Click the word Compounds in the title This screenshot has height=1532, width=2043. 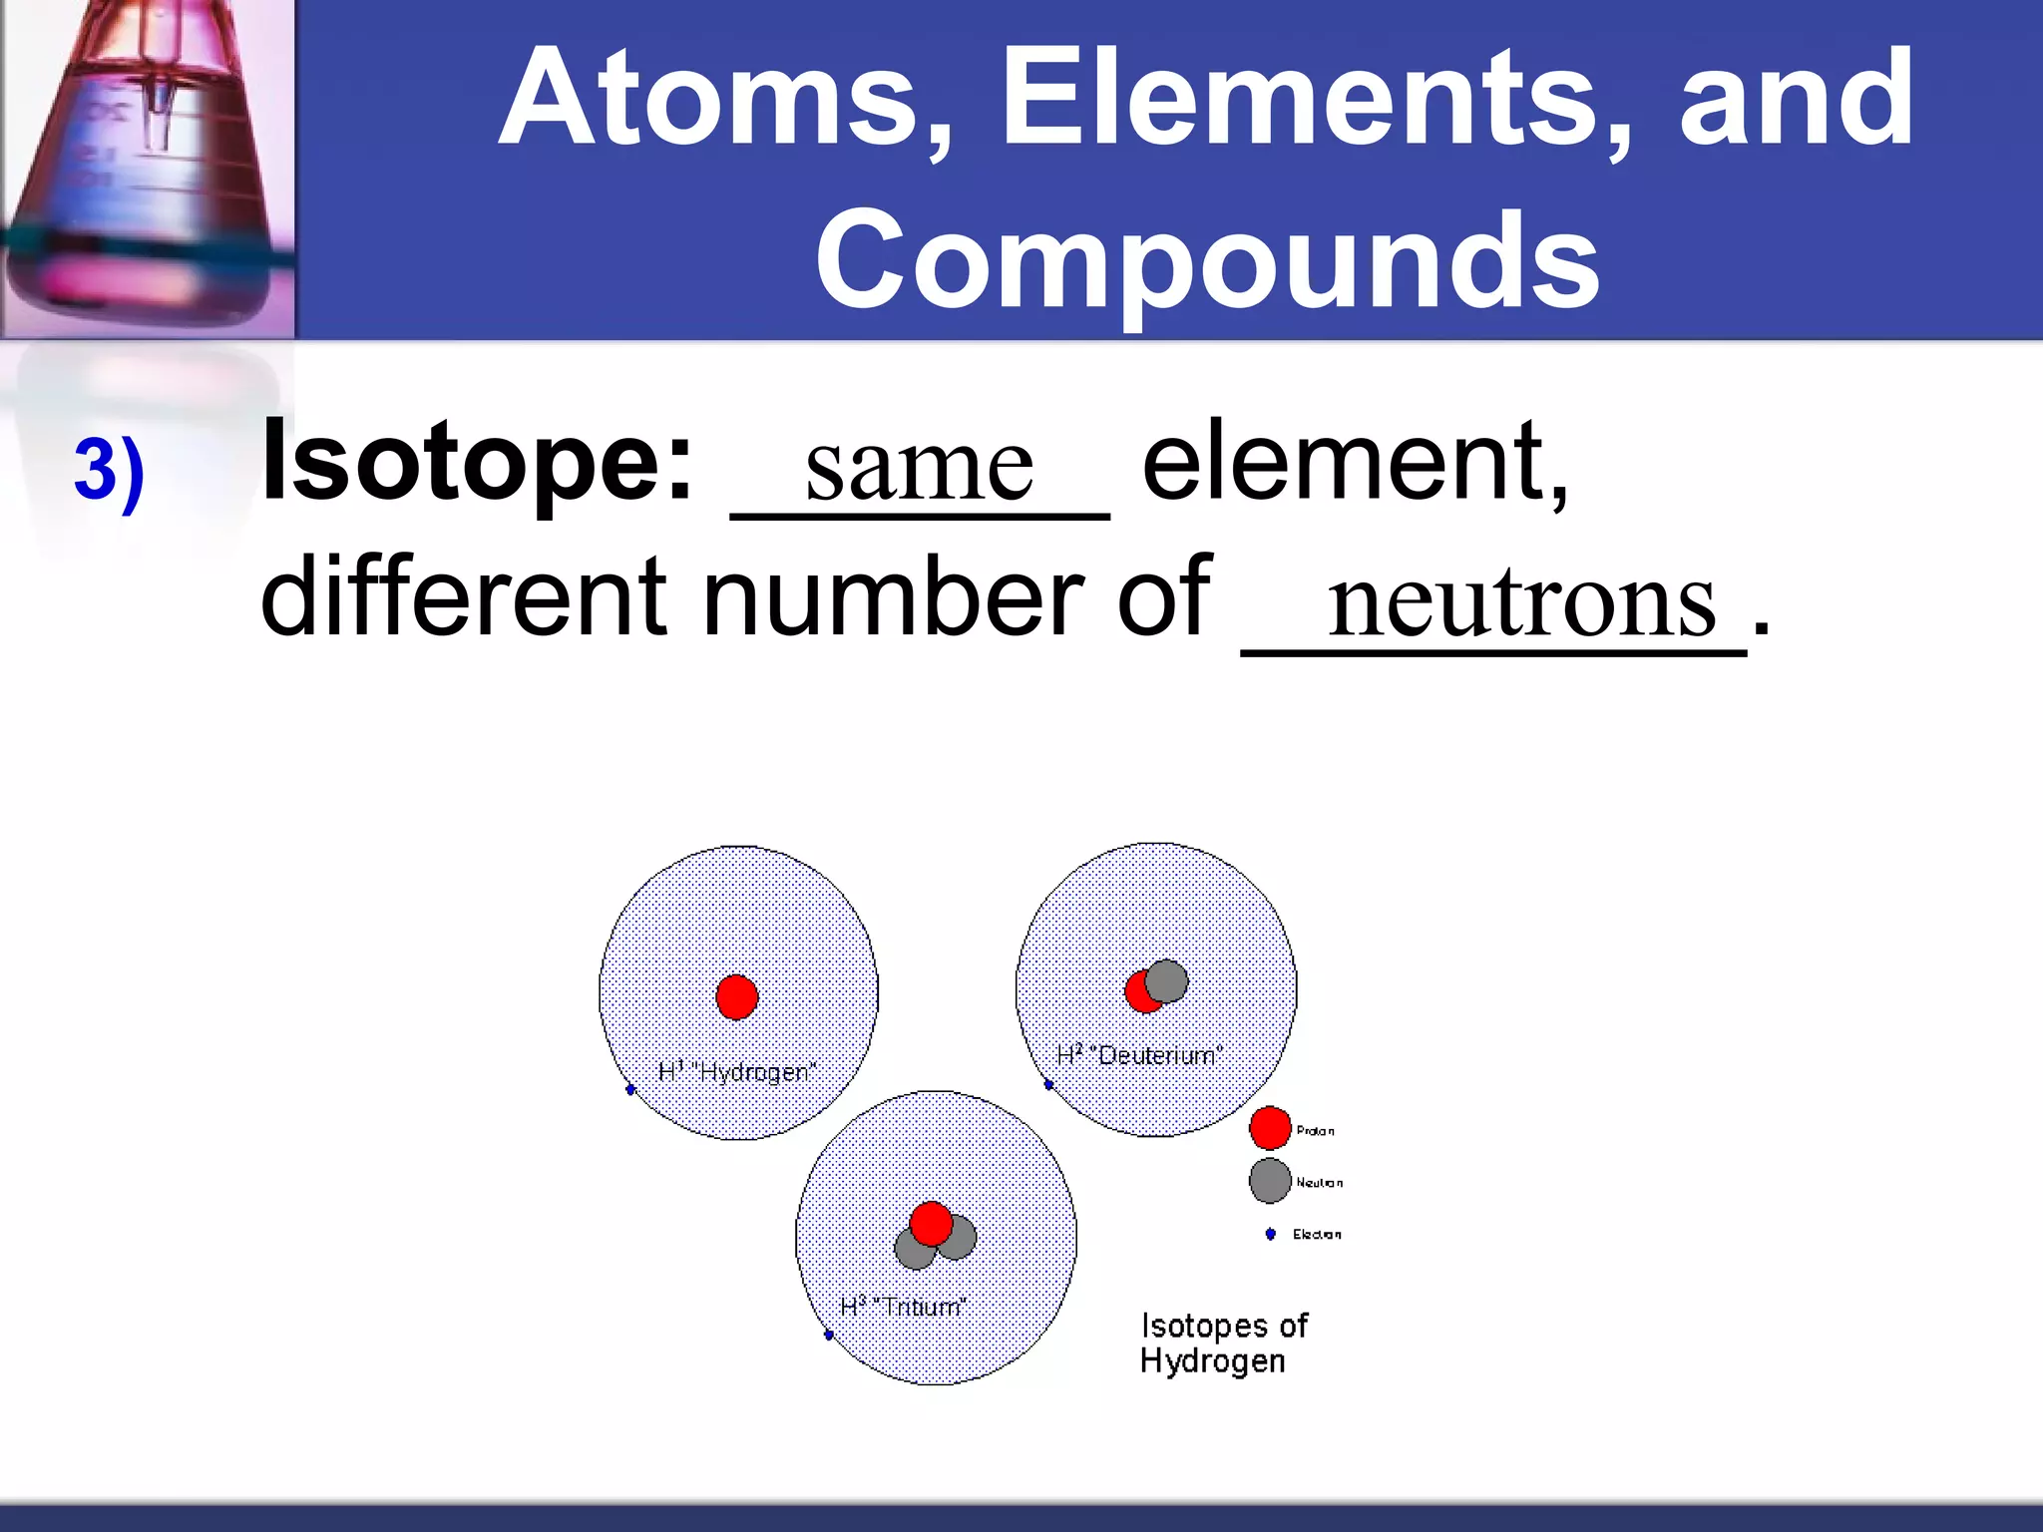pyautogui.click(x=1207, y=261)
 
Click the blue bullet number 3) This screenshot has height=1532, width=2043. pyautogui.click(x=110, y=471)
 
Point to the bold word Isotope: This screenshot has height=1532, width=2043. pyautogui.click(x=477, y=461)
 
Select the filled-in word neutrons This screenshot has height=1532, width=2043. pyautogui.click(x=1521, y=601)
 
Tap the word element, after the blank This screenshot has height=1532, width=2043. pyautogui.click(x=1355, y=461)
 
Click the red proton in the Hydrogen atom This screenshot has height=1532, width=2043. pyautogui.click(x=737, y=996)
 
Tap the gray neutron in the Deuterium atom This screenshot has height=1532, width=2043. pyautogui.click(x=1167, y=980)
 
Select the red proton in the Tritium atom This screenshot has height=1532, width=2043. pyautogui.click(x=932, y=1224)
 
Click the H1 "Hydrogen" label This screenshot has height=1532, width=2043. pyautogui.click(x=737, y=1072)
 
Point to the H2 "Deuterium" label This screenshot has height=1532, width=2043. pyautogui.click(x=1139, y=1054)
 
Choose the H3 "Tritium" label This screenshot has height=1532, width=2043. pyautogui.click(x=903, y=1306)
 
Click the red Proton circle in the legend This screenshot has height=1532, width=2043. pyautogui.click(x=1270, y=1128)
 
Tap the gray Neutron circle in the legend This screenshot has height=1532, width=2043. pyautogui.click(x=1270, y=1181)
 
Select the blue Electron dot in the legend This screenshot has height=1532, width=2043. pyautogui.click(x=1270, y=1234)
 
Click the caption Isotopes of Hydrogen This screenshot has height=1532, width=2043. pyautogui.click(x=1223, y=1342)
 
